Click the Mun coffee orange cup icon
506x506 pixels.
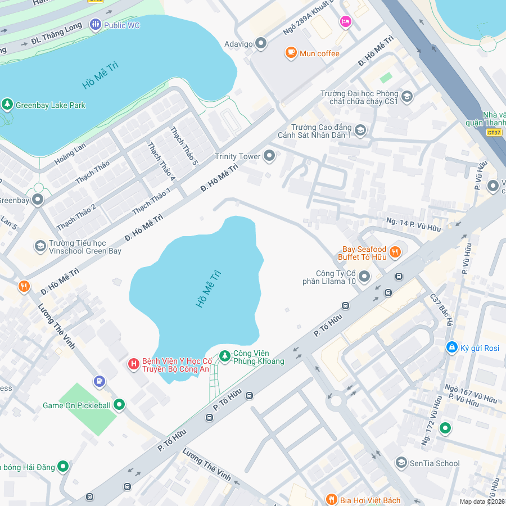[291, 53]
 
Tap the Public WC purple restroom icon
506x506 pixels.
[95, 25]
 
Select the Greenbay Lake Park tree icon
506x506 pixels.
[7, 105]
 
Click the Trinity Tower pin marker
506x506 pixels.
[269, 156]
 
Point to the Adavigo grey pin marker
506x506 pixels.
[260, 43]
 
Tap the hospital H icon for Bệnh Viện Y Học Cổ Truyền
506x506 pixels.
[134, 364]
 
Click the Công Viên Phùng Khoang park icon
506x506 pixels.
[225, 356]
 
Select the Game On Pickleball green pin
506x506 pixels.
[119, 405]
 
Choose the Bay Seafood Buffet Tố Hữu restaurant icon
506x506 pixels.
[395, 252]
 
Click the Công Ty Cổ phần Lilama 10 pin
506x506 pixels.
[364, 276]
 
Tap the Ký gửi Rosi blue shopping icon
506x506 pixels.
[451, 347]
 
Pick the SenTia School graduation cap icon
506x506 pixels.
[401, 463]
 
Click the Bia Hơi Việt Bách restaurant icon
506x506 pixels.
[332, 500]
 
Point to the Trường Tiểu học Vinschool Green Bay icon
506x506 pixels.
[40, 246]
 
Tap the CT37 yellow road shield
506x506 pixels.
[494, 132]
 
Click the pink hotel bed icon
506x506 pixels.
[345, 21]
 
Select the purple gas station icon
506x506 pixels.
[100, 382]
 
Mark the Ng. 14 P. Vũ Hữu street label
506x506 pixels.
[413, 225]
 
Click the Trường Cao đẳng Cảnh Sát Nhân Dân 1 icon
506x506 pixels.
[360, 130]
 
